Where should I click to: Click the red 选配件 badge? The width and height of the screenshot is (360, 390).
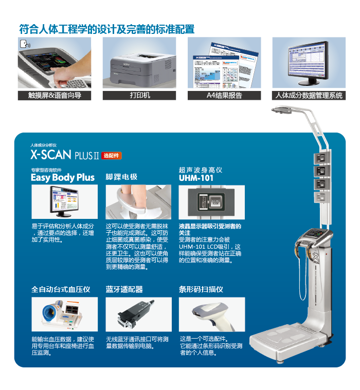tap(111, 156)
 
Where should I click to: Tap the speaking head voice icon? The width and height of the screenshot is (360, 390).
tap(25, 44)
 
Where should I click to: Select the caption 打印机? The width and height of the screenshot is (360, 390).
tap(140, 95)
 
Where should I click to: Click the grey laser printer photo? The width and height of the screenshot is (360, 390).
tap(142, 68)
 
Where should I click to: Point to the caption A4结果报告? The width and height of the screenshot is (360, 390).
tap(224, 95)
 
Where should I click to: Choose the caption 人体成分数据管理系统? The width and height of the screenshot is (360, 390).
tap(309, 95)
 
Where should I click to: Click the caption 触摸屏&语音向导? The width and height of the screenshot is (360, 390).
tap(55, 95)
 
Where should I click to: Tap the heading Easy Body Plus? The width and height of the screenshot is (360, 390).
tap(63, 178)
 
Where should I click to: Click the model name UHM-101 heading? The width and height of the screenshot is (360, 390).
tap(196, 178)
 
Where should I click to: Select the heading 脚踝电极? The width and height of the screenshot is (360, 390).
tap(121, 177)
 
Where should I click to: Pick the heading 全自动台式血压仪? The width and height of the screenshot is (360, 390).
tap(61, 289)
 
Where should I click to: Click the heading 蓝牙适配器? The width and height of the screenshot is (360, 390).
tap(124, 289)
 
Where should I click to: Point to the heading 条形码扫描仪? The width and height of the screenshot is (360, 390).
tap(201, 289)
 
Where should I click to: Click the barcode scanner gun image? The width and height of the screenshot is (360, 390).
tap(212, 314)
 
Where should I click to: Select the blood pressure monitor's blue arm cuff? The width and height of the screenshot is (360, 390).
tap(50, 312)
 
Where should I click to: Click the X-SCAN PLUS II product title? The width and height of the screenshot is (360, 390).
tap(65, 155)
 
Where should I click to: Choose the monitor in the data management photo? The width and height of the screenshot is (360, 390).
tap(308, 63)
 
